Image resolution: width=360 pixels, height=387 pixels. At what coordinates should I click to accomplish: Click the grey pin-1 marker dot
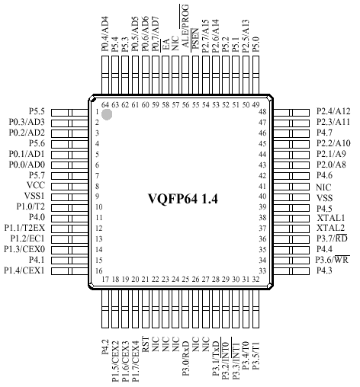[107, 114]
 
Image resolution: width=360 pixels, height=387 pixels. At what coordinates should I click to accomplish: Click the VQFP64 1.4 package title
[183, 199]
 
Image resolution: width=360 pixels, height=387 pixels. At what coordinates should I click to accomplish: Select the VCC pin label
[36, 185]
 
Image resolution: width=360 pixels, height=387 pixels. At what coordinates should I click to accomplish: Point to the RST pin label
[146, 344]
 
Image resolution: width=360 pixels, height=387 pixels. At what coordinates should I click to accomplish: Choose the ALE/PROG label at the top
[185, 26]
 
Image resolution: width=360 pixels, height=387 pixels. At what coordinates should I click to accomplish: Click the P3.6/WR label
[333, 260]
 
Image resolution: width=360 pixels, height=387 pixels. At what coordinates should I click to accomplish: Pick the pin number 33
[262, 270]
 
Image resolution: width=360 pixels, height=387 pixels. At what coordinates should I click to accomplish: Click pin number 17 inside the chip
[105, 280]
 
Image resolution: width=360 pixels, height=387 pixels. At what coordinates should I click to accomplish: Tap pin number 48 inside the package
[262, 112]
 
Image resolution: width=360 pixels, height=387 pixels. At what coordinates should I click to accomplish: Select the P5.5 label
[37, 111]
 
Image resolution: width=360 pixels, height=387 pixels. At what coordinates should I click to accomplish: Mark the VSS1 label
[34, 196]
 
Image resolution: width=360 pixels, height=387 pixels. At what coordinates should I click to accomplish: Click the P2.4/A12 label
[333, 111]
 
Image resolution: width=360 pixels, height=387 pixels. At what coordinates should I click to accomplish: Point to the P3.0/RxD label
[185, 358]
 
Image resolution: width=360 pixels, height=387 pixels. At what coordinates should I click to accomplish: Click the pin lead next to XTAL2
[291, 229]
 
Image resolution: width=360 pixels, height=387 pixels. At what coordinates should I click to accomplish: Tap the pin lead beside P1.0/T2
[69, 208]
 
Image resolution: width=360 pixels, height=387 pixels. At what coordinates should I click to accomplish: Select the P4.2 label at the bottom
[105, 347]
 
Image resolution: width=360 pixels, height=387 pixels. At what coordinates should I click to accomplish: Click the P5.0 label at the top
[256, 44]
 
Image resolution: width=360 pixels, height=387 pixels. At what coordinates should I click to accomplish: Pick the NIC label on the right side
[323, 187]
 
